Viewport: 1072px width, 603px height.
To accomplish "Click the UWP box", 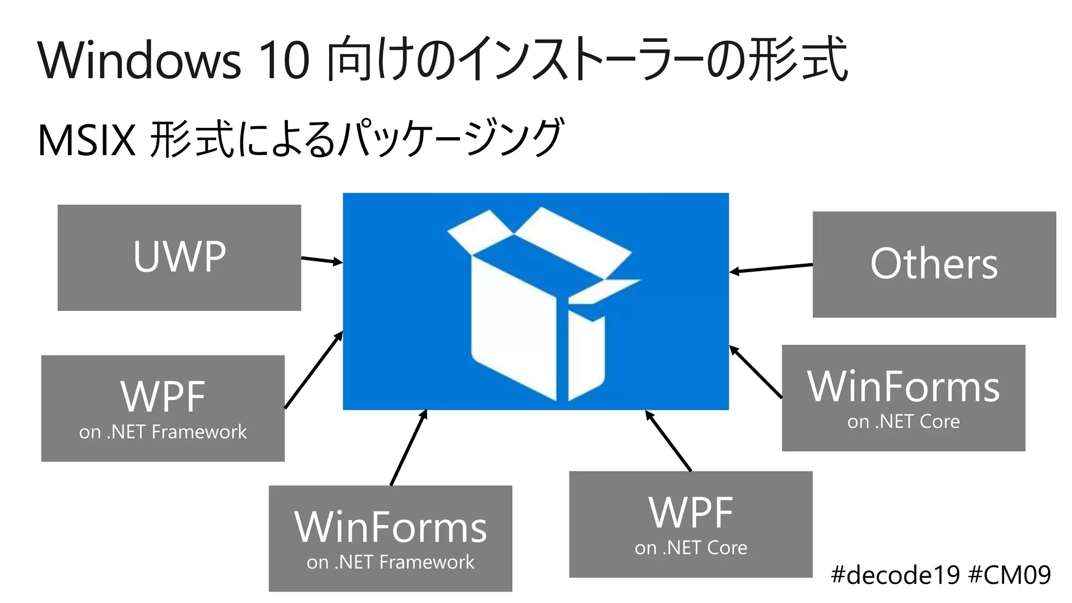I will coord(179,258).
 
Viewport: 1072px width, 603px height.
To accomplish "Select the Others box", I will coord(934,264).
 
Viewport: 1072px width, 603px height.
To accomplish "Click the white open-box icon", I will coord(539,304).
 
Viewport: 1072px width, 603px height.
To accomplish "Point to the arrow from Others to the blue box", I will coord(771,269).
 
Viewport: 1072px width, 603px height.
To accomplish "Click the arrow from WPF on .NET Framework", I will coord(314,370).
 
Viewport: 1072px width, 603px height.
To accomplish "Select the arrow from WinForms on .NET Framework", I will coord(409,448).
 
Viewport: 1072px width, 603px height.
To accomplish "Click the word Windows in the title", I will coord(139,61).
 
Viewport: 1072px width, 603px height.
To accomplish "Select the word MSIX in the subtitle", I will coord(87,140).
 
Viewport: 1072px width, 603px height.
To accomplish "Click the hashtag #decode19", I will coord(895,575).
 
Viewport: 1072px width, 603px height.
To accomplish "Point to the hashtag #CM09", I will coord(1009,575).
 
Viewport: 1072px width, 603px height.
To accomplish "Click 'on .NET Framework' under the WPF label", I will coord(163,432).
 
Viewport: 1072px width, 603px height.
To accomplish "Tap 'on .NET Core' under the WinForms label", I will coord(903,422).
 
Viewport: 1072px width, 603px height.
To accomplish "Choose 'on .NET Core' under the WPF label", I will coord(691,548).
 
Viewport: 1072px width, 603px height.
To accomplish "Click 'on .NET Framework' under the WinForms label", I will coord(390,562).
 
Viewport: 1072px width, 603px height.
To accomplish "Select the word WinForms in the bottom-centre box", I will coord(390,528).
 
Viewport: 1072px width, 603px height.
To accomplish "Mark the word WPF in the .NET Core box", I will coord(691,513).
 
